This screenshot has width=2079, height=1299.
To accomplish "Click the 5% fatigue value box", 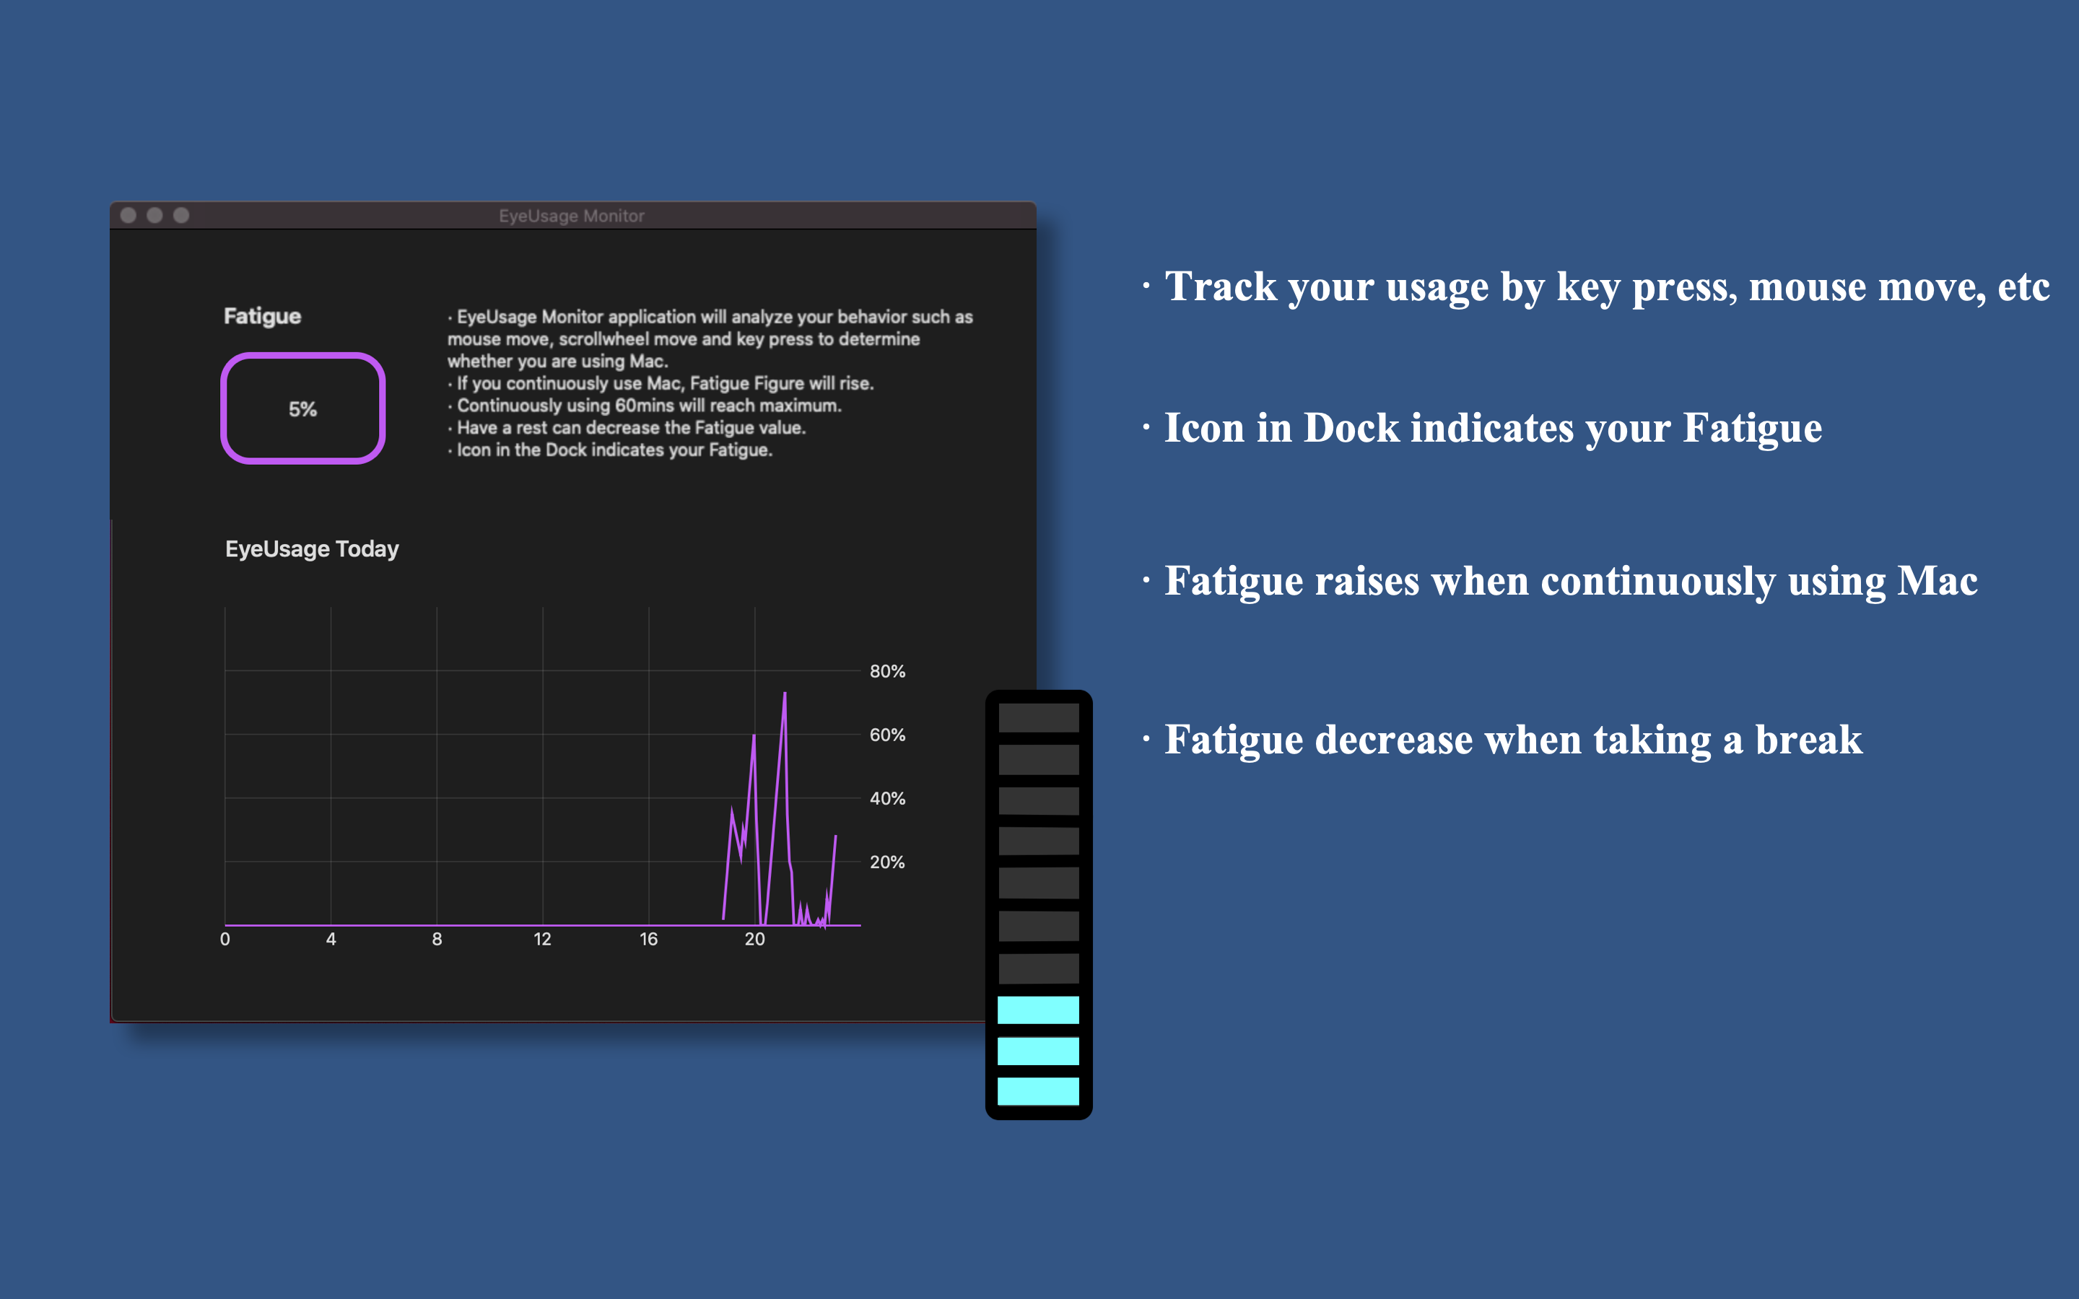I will pyautogui.click(x=302, y=409).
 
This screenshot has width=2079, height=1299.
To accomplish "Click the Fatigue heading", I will pyautogui.click(x=262, y=316).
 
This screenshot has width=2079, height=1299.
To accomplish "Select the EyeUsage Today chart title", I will pyautogui.click(x=312, y=549).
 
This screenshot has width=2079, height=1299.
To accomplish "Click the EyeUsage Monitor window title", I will pyautogui.click(x=571, y=216).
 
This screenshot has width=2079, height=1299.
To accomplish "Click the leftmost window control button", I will pyautogui.click(x=128, y=215).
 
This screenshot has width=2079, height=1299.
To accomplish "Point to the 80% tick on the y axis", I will pyautogui.click(x=886, y=671).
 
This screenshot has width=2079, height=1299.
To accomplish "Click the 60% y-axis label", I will pyautogui.click(x=886, y=735).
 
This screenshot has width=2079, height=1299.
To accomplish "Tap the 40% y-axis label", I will pyautogui.click(x=886, y=798).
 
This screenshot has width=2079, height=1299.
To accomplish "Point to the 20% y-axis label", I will pyautogui.click(x=886, y=862).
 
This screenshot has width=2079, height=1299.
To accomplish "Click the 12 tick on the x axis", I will pyautogui.click(x=542, y=939).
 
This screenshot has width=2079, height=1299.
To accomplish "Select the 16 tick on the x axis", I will pyautogui.click(x=649, y=939).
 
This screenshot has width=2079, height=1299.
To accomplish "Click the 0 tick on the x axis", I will pyautogui.click(x=225, y=939).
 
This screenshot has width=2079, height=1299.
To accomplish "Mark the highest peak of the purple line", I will pyautogui.click(x=785, y=694).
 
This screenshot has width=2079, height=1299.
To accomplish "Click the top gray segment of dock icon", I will pyautogui.click(x=1038, y=718).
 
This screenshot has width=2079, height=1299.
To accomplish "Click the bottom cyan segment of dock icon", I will pyautogui.click(x=1038, y=1091).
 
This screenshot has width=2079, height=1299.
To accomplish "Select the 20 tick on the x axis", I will pyautogui.click(x=754, y=939).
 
